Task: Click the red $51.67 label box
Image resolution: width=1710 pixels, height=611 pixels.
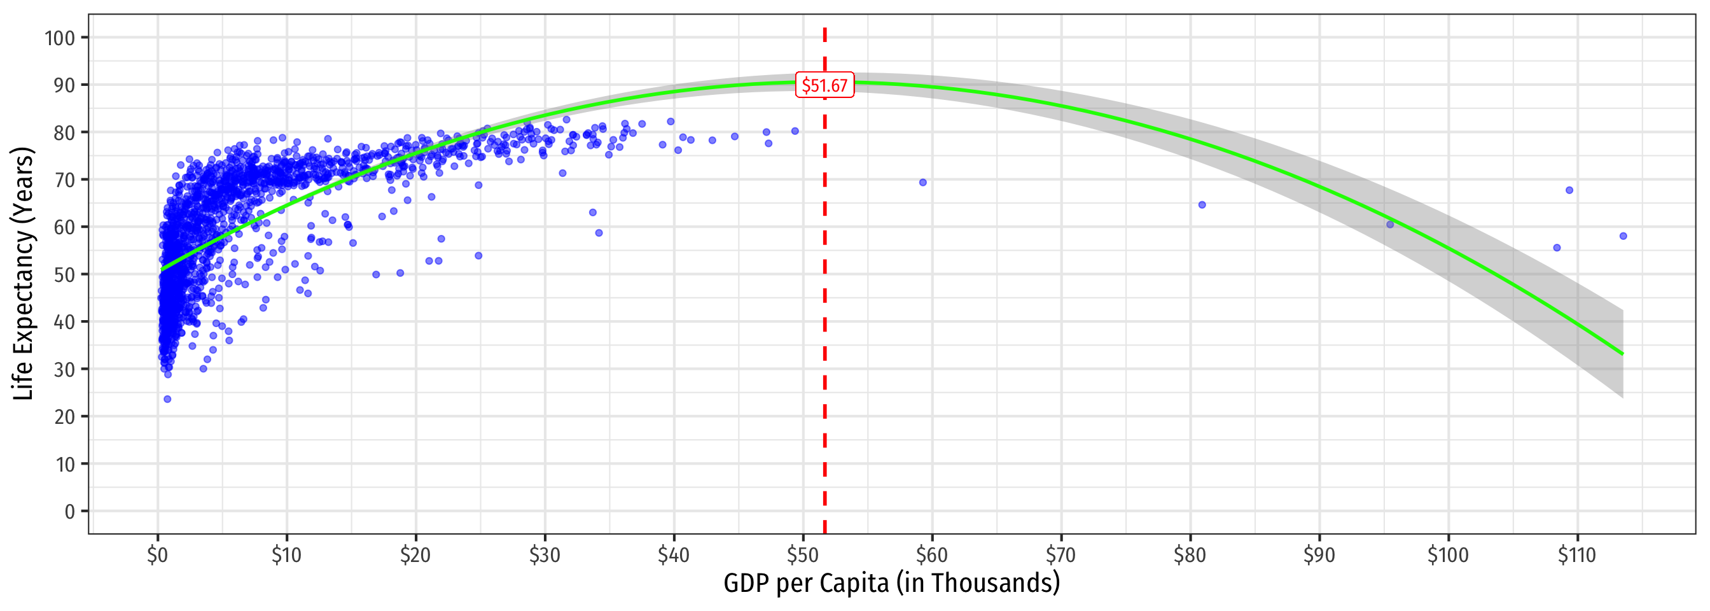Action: tap(824, 86)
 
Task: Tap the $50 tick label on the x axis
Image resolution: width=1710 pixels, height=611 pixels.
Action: tap(803, 555)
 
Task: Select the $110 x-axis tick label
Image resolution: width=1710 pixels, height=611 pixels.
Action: tap(1576, 555)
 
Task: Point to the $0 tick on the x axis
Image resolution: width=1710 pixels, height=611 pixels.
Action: tap(157, 555)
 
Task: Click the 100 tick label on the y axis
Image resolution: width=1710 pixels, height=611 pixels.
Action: tap(60, 38)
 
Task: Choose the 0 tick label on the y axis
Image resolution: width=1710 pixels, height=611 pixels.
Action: tap(70, 511)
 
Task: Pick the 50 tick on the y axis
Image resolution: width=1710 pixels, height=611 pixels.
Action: tap(64, 274)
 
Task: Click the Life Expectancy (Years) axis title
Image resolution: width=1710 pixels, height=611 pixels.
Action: tap(24, 274)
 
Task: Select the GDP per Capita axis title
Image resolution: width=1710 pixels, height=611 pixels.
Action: tap(891, 584)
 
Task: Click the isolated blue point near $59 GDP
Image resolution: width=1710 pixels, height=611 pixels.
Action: tap(922, 183)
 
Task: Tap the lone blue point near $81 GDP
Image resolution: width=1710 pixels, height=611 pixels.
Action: tap(1202, 205)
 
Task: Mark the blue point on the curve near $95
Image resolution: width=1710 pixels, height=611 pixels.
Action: tap(1390, 225)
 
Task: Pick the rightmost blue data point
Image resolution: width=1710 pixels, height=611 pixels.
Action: tap(1623, 236)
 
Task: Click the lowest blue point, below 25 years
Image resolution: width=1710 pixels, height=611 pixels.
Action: tap(167, 399)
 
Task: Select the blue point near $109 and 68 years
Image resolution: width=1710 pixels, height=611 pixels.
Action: tap(1569, 190)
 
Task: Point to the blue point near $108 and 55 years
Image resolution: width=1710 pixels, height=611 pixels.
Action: tap(1557, 248)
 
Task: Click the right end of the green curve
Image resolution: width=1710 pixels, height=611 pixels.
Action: tap(1622, 354)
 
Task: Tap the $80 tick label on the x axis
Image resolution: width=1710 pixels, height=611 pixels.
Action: tap(1190, 555)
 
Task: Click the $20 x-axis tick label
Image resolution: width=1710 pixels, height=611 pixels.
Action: tap(415, 555)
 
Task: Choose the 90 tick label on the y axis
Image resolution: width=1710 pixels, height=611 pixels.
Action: tap(64, 85)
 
